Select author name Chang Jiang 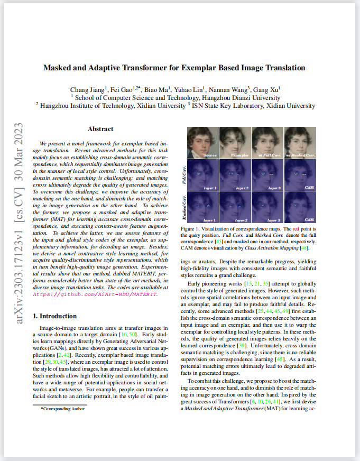tap(87, 88)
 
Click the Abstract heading tap(100, 129)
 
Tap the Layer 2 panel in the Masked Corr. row tap(235, 208)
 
